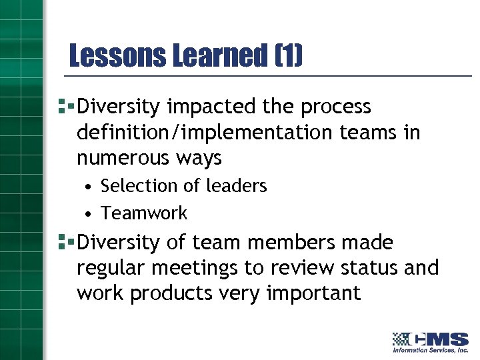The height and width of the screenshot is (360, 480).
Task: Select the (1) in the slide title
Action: pos(288,56)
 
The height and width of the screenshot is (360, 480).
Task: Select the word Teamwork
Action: pos(144,213)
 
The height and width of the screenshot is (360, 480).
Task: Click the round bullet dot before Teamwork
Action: pos(88,214)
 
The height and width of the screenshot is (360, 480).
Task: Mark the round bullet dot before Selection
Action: pos(88,187)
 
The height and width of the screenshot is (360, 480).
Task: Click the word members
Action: pos(293,242)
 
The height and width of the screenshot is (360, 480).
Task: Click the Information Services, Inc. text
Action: pos(430,350)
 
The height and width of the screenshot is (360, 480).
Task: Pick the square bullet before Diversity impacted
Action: pos(65,105)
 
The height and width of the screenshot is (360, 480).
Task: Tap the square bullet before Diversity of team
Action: pos(65,241)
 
